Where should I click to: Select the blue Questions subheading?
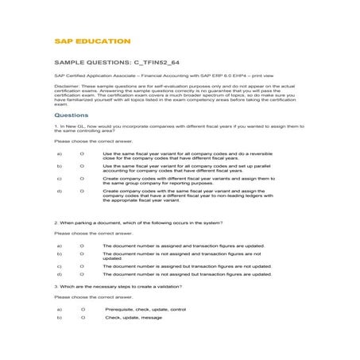pyautogui.click(x=71, y=114)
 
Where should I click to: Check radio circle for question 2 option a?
pyautogui.click(x=82, y=246)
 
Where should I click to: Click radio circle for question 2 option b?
pyautogui.click(x=82, y=254)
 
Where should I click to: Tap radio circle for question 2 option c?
pyautogui.click(x=82, y=266)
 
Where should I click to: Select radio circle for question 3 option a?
pyautogui.click(x=82, y=308)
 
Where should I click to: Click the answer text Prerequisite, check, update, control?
pyautogui.click(x=145, y=308)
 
